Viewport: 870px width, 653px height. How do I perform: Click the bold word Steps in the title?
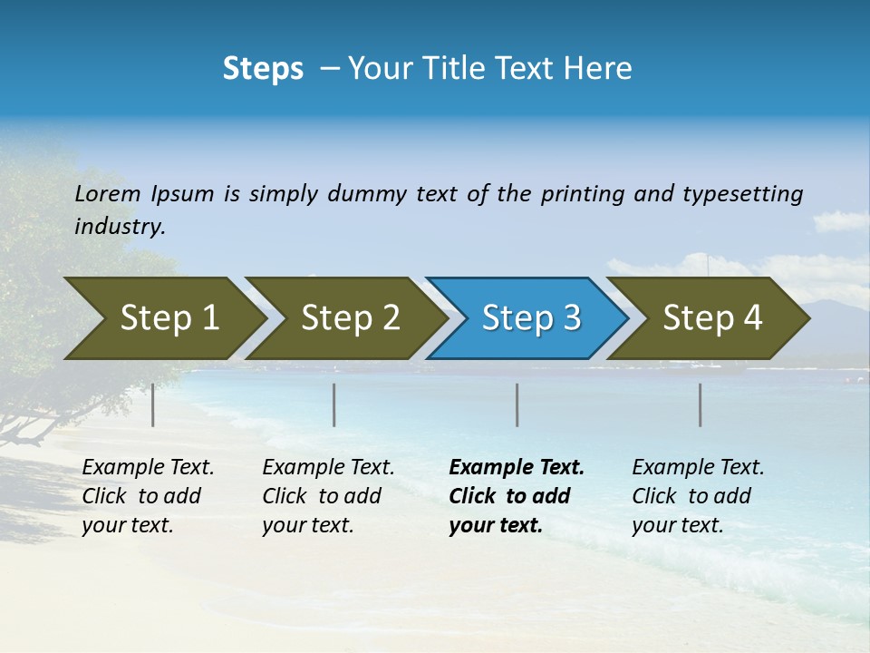tap(263, 69)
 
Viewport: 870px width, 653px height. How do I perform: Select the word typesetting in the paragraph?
tap(742, 194)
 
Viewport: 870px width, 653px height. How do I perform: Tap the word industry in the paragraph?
tap(120, 227)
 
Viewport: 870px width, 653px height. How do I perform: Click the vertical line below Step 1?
tap(153, 404)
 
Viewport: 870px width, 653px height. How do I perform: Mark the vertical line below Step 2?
tap(334, 404)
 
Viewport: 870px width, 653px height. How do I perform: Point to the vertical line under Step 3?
tap(517, 404)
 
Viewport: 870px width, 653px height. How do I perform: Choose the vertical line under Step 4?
tap(701, 404)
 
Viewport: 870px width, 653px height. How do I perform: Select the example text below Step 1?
tap(148, 496)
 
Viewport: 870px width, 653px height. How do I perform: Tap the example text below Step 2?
tap(328, 496)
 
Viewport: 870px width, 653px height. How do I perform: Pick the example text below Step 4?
tap(698, 496)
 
